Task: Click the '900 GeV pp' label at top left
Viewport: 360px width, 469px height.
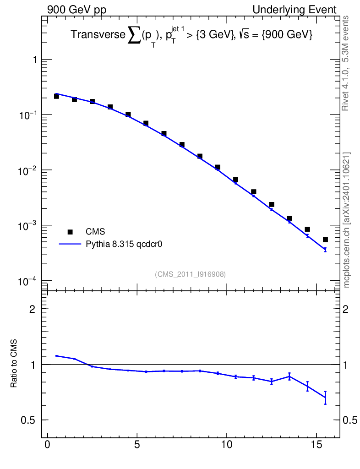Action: [x=76, y=10]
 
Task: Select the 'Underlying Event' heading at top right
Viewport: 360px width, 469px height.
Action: [x=295, y=10]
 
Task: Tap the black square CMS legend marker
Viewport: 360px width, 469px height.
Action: [x=70, y=232]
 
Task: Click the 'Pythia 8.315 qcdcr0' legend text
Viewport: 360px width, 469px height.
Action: [x=124, y=245]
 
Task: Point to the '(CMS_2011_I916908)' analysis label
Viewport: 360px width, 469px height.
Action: [x=190, y=274]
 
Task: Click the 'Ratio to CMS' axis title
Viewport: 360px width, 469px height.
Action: [x=14, y=363]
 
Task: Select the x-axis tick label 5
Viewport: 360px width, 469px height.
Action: [x=137, y=444]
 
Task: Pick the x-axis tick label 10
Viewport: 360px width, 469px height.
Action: [x=227, y=444]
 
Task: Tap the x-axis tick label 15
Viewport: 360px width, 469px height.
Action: [x=316, y=444]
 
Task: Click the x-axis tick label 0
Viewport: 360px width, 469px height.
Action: [x=48, y=444]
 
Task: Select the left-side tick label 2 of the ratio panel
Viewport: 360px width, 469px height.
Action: [x=33, y=309]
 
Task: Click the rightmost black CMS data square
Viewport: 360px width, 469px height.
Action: [x=325, y=240]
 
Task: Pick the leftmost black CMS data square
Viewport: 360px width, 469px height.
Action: [x=56, y=96]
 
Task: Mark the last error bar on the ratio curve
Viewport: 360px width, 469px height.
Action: [x=325, y=398]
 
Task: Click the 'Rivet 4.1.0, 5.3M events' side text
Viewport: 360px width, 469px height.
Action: [x=345, y=63]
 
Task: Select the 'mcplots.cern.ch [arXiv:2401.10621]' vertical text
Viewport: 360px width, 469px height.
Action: [x=346, y=220]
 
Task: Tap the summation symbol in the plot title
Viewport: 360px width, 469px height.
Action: [x=134, y=36]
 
